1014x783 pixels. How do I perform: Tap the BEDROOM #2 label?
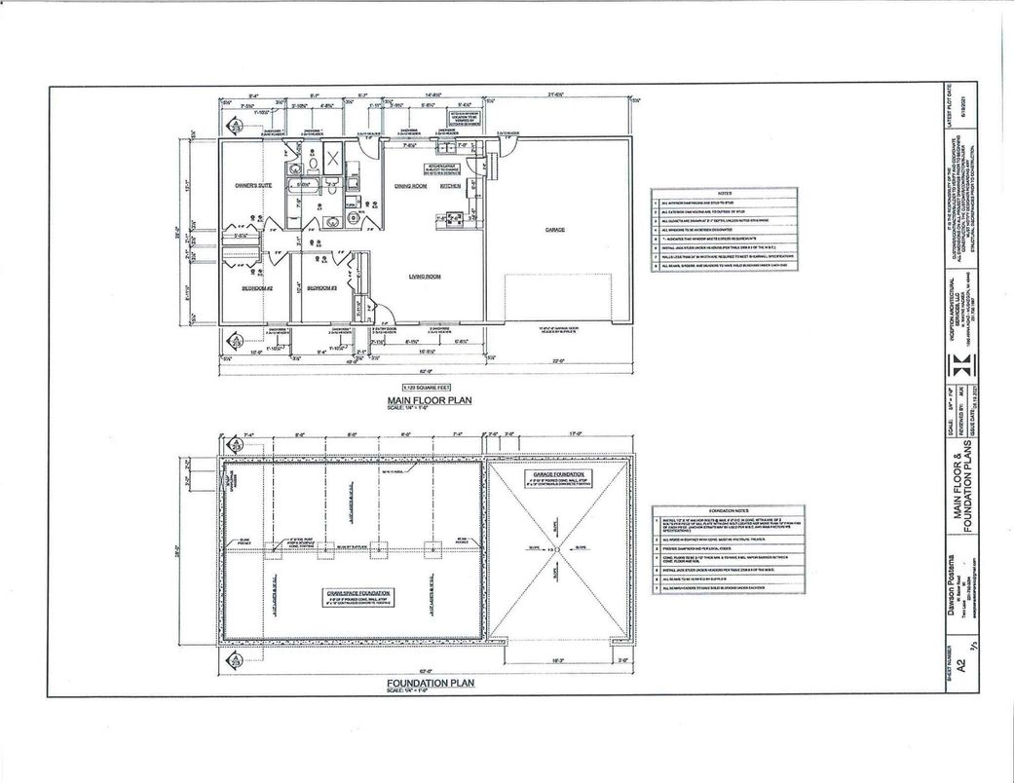coord(255,288)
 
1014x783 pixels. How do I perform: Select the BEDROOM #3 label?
coord(321,288)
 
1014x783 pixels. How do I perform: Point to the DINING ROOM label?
coord(411,186)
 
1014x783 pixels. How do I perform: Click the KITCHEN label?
coord(450,186)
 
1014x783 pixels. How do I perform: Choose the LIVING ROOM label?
coord(425,277)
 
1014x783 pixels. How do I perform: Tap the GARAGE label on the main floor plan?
coord(555,230)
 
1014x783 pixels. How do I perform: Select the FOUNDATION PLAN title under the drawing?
coord(427,684)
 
